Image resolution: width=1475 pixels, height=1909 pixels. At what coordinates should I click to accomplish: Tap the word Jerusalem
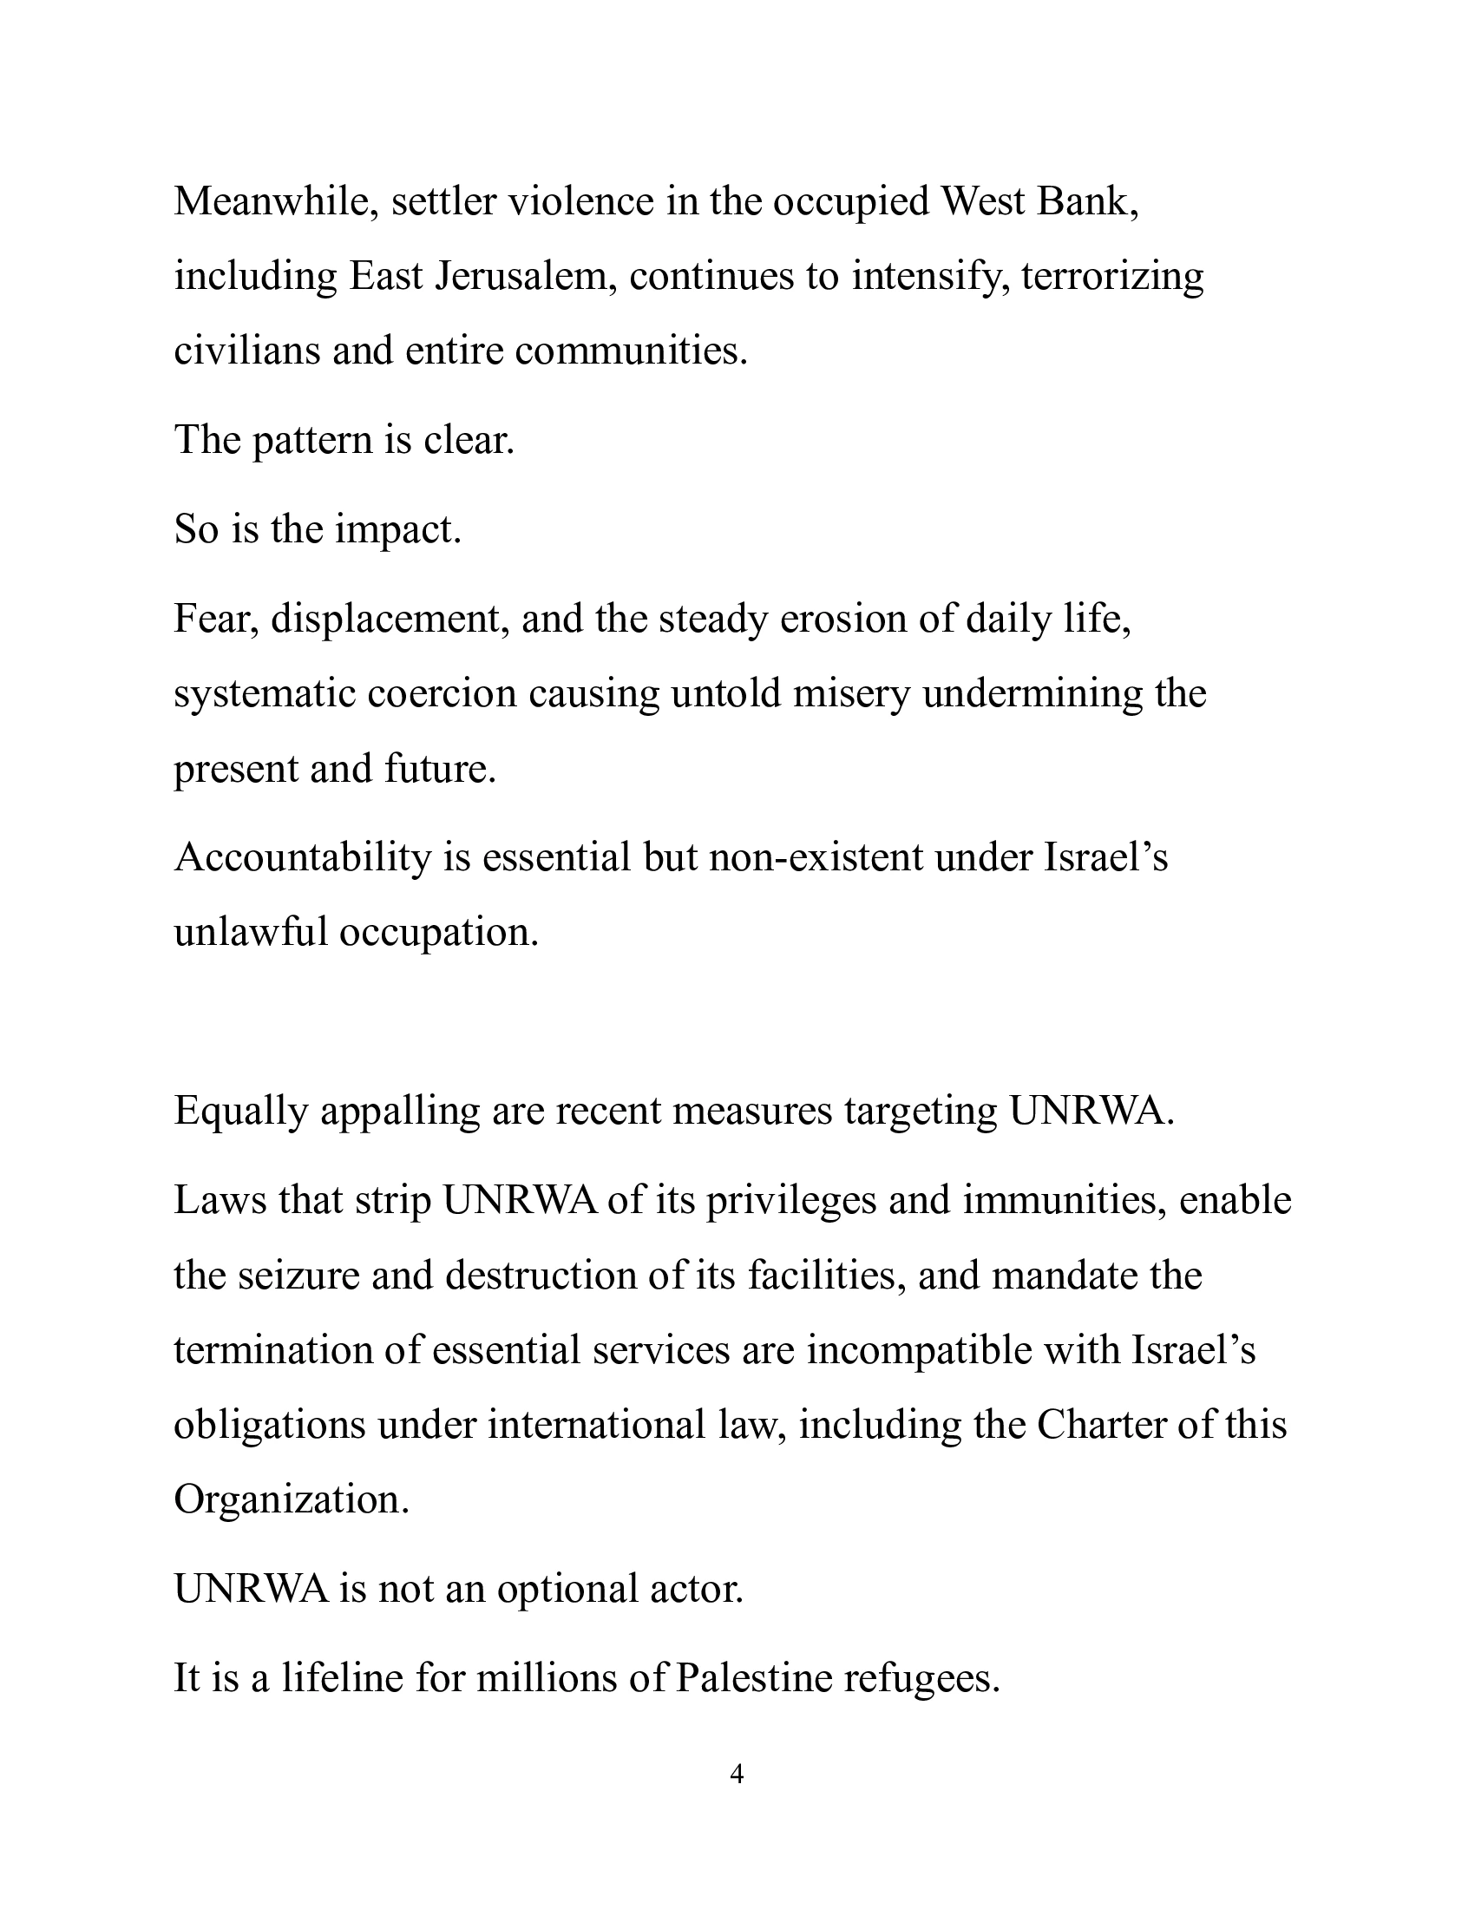click(525, 277)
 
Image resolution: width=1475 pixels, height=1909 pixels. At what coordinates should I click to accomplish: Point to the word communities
click(631, 351)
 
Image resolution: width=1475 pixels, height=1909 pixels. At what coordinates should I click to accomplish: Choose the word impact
click(397, 530)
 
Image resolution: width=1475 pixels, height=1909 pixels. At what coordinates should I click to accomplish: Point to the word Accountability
click(303, 858)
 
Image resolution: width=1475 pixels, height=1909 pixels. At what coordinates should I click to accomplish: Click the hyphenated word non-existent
click(816, 858)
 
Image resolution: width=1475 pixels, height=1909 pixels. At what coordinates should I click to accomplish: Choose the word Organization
click(291, 1501)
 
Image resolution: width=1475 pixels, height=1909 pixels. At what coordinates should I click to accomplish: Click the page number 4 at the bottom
click(737, 1775)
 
